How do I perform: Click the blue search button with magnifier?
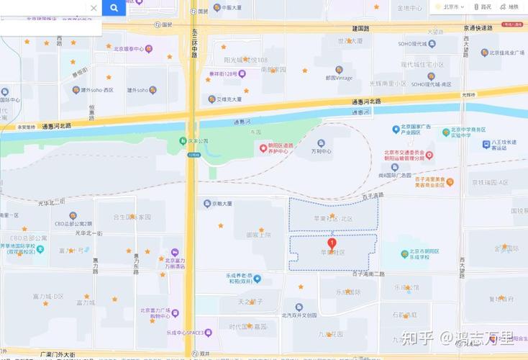pos(114,8)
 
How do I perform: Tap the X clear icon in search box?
pos(93,8)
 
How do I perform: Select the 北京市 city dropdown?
pos(450,6)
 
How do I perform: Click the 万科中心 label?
pos(321,151)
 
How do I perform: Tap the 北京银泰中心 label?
pos(129,49)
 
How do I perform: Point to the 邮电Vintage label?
pos(339,78)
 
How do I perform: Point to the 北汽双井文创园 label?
pos(299,315)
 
